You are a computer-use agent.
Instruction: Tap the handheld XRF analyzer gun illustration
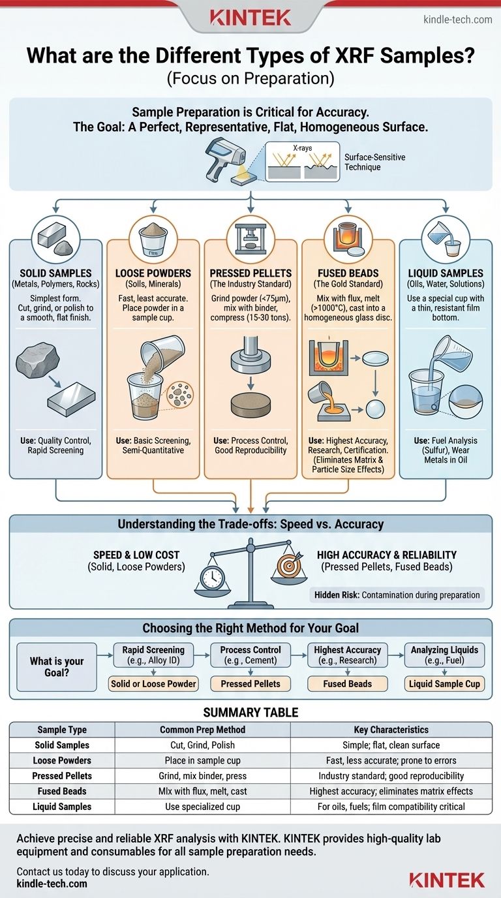point(224,159)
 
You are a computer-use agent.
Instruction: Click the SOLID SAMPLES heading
point(55,273)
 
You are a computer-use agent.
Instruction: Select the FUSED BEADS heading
point(348,273)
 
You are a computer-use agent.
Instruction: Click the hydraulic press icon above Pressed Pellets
point(250,239)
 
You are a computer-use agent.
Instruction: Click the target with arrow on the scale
point(290,565)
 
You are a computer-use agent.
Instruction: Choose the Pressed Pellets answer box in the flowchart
point(250,684)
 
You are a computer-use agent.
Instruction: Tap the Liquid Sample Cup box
point(444,684)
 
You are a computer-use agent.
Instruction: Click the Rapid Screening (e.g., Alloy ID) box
point(153,655)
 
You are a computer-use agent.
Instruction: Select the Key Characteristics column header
point(391,730)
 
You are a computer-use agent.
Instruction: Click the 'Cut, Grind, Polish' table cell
point(202,745)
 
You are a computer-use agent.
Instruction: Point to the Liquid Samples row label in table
point(62,807)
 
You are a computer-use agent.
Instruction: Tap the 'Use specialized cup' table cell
point(202,807)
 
